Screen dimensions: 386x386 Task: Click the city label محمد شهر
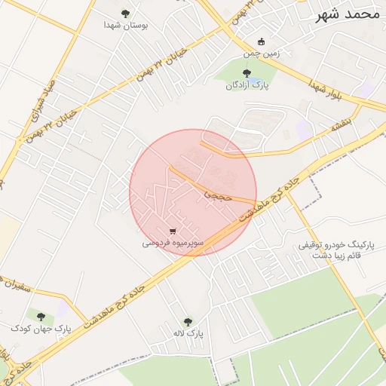(349, 14)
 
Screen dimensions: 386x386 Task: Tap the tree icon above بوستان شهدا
(125, 13)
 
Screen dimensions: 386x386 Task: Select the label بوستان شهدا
(126, 25)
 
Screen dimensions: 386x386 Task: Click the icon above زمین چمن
(261, 41)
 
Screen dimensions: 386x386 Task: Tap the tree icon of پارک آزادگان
(247, 73)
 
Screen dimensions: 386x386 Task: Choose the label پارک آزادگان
(247, 85)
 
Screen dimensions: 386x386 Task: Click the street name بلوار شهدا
(325, 90)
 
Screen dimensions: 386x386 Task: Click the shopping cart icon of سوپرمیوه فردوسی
(173, 231)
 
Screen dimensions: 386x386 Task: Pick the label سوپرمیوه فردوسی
(171, 244)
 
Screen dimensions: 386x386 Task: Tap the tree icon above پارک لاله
(188, 321)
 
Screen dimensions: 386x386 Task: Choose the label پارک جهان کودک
(41, 329)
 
